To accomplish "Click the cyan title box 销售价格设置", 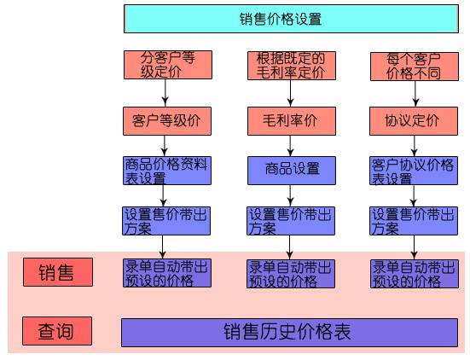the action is [291, 19].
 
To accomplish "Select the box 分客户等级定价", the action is [168, 65].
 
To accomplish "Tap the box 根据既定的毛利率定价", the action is [292, 66].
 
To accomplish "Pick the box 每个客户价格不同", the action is [415, 67].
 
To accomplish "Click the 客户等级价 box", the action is [167, 121].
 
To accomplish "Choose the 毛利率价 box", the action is [292, 121].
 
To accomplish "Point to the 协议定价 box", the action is [414, 121].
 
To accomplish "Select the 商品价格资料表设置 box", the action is [167, 171].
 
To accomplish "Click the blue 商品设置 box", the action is [292, 171].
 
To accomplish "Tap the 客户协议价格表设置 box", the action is [414, 171].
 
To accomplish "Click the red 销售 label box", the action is [58, 272].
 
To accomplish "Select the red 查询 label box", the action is [57, 331].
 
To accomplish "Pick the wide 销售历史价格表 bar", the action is [289, 333].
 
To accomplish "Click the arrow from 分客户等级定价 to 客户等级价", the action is [165, 93].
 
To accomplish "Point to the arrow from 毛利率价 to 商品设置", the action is [290, 146].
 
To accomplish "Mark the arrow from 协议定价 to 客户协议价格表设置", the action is [414, 146].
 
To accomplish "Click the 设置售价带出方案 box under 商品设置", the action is [291, 221].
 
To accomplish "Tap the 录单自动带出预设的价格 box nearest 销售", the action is [167, 273].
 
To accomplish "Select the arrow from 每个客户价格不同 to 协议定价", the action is [415, 94].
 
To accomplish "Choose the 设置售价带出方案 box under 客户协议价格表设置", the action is [414, 221].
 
